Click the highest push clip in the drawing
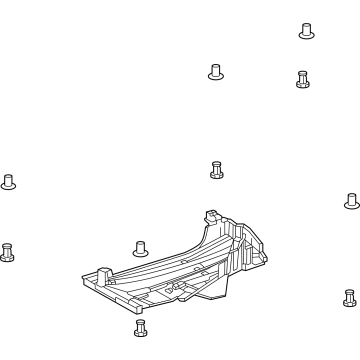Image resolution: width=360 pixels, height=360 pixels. (306, 30)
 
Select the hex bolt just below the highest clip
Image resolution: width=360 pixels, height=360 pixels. (302, 78)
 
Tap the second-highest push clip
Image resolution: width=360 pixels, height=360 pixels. (214, 71)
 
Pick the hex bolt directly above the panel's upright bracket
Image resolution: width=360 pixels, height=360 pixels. (216, 169)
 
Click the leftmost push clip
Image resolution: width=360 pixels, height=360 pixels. (9, 181)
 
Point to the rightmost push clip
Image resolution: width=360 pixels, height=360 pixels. (351, 201)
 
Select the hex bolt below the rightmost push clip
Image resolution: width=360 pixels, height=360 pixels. (347, 298)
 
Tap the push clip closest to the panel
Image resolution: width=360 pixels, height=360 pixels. (139, 248)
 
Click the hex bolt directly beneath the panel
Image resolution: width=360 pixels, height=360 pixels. (139, 329)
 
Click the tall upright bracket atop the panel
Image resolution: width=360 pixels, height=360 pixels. (211, 218)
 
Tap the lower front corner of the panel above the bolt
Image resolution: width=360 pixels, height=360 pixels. (134, 309)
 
